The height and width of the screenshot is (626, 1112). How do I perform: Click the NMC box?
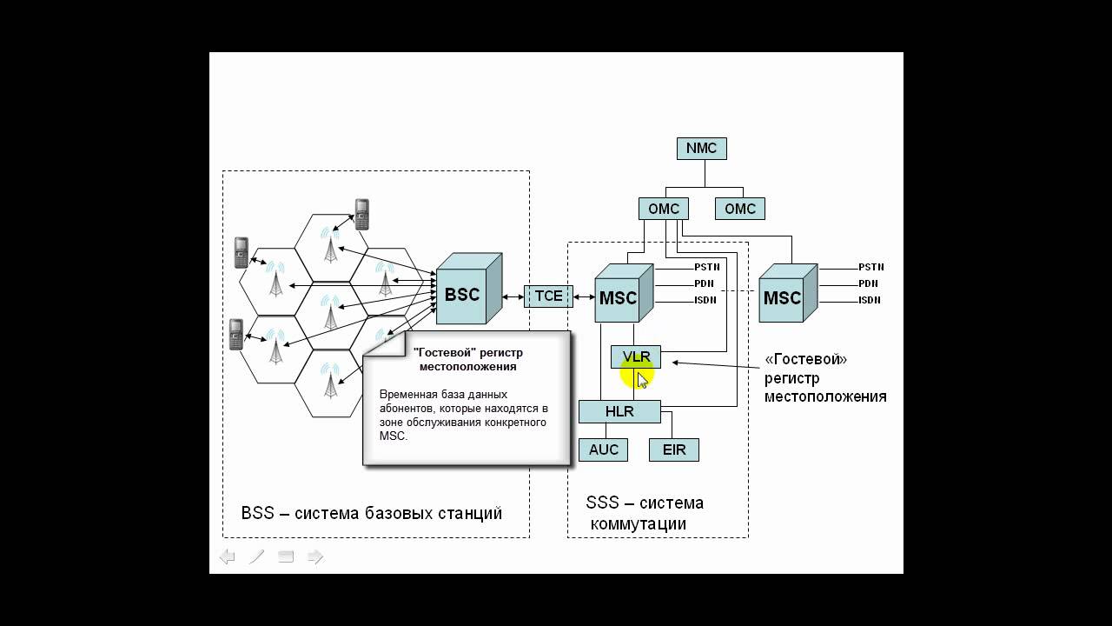tap(701, 149)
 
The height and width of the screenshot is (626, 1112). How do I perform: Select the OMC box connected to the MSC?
tap(664, 209)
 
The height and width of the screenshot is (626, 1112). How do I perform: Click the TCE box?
tap(548, 296)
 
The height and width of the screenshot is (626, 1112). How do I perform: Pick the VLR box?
tap(636, 357)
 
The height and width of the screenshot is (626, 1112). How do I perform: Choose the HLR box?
tap(619, 411)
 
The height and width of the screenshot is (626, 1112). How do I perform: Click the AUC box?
tap(603, 450)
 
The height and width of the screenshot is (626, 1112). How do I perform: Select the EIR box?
tap(673, 450)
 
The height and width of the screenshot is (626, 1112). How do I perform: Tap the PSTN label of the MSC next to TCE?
tap(705, 267)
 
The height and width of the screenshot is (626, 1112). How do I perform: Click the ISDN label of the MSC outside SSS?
tap(869, 300)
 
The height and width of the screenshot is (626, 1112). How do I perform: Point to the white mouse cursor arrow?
tap(642, 380)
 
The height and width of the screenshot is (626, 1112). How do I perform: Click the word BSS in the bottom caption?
tap(257, 513)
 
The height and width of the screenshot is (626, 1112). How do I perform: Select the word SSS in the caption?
tap(602, 503)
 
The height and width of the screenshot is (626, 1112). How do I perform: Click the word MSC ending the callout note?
tap(392, 436)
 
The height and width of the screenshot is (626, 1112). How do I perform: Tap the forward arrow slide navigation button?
tap(315, 556)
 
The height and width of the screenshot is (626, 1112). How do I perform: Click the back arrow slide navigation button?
tap(227, 556)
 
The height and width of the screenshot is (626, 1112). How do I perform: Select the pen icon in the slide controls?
tap(256, 556)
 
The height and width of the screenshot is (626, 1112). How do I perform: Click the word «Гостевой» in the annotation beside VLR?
tap(805, 359)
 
